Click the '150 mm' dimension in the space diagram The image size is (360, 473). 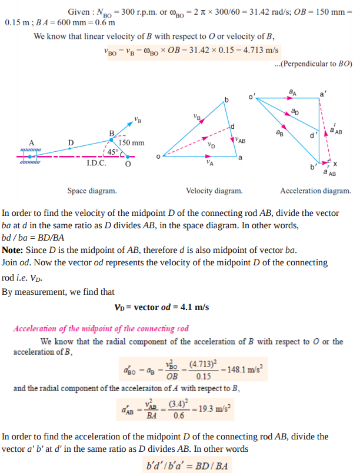[x=131, y=143]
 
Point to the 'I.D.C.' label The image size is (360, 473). [x=96, y=163]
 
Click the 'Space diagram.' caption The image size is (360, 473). [x=92, y=191]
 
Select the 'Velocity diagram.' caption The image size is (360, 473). [x=214, y=191]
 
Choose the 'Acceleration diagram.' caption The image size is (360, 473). [x=315, y=191]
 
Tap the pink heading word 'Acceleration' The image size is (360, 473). [x=35, y=328]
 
